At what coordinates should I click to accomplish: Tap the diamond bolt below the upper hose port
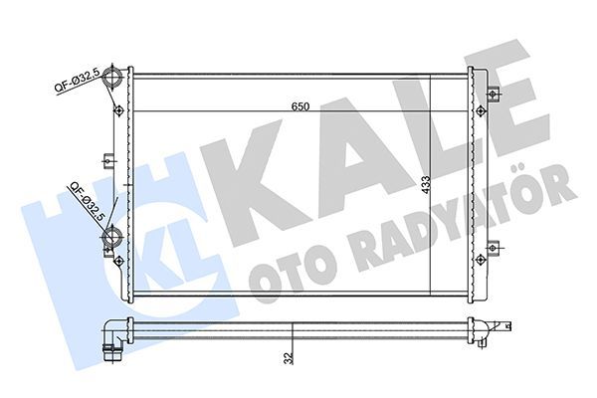(120, 107)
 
